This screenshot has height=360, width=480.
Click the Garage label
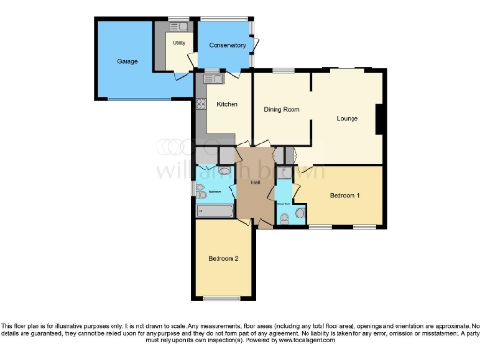click(x=127, y=61)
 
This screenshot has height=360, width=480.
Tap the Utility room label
click(x=178, y=43)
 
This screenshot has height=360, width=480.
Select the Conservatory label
click(x=228, y=45)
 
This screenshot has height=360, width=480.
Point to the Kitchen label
click(x=227, y=104)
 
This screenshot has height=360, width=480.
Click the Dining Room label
click(x=281, y=110)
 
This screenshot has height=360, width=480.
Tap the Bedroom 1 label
click(x=344, y=195)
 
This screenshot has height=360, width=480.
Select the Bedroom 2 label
click(x=222, y=257)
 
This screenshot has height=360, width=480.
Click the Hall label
click(x=254, y=181)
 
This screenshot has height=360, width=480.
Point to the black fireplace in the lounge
click(x=380, y=120)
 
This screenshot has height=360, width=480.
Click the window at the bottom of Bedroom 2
click(x=222, y=298)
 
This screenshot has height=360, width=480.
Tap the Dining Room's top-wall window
click(x=282, y=71)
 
